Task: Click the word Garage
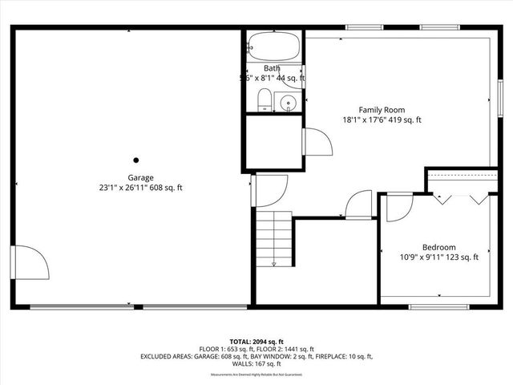(x=140, y=177)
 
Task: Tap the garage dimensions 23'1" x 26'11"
(x=140, y=188)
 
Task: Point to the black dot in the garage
(x=136, y=160)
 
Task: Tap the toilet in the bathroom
(x=263, y=100)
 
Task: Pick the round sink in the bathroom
(x=288, y=103)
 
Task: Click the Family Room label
(x=381, y=110)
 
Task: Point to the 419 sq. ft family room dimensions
(x=381, y=120)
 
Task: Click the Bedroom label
(x=438, y=247)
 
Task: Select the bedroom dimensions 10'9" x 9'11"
(x=438, y=257)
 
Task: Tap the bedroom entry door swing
(x=398, y=206)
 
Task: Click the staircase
(x=274, y=237)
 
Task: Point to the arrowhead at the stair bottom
(x=274, y=263)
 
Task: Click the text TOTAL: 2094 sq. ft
(x=256, y=341)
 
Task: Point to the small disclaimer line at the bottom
(x=256, y=375)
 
